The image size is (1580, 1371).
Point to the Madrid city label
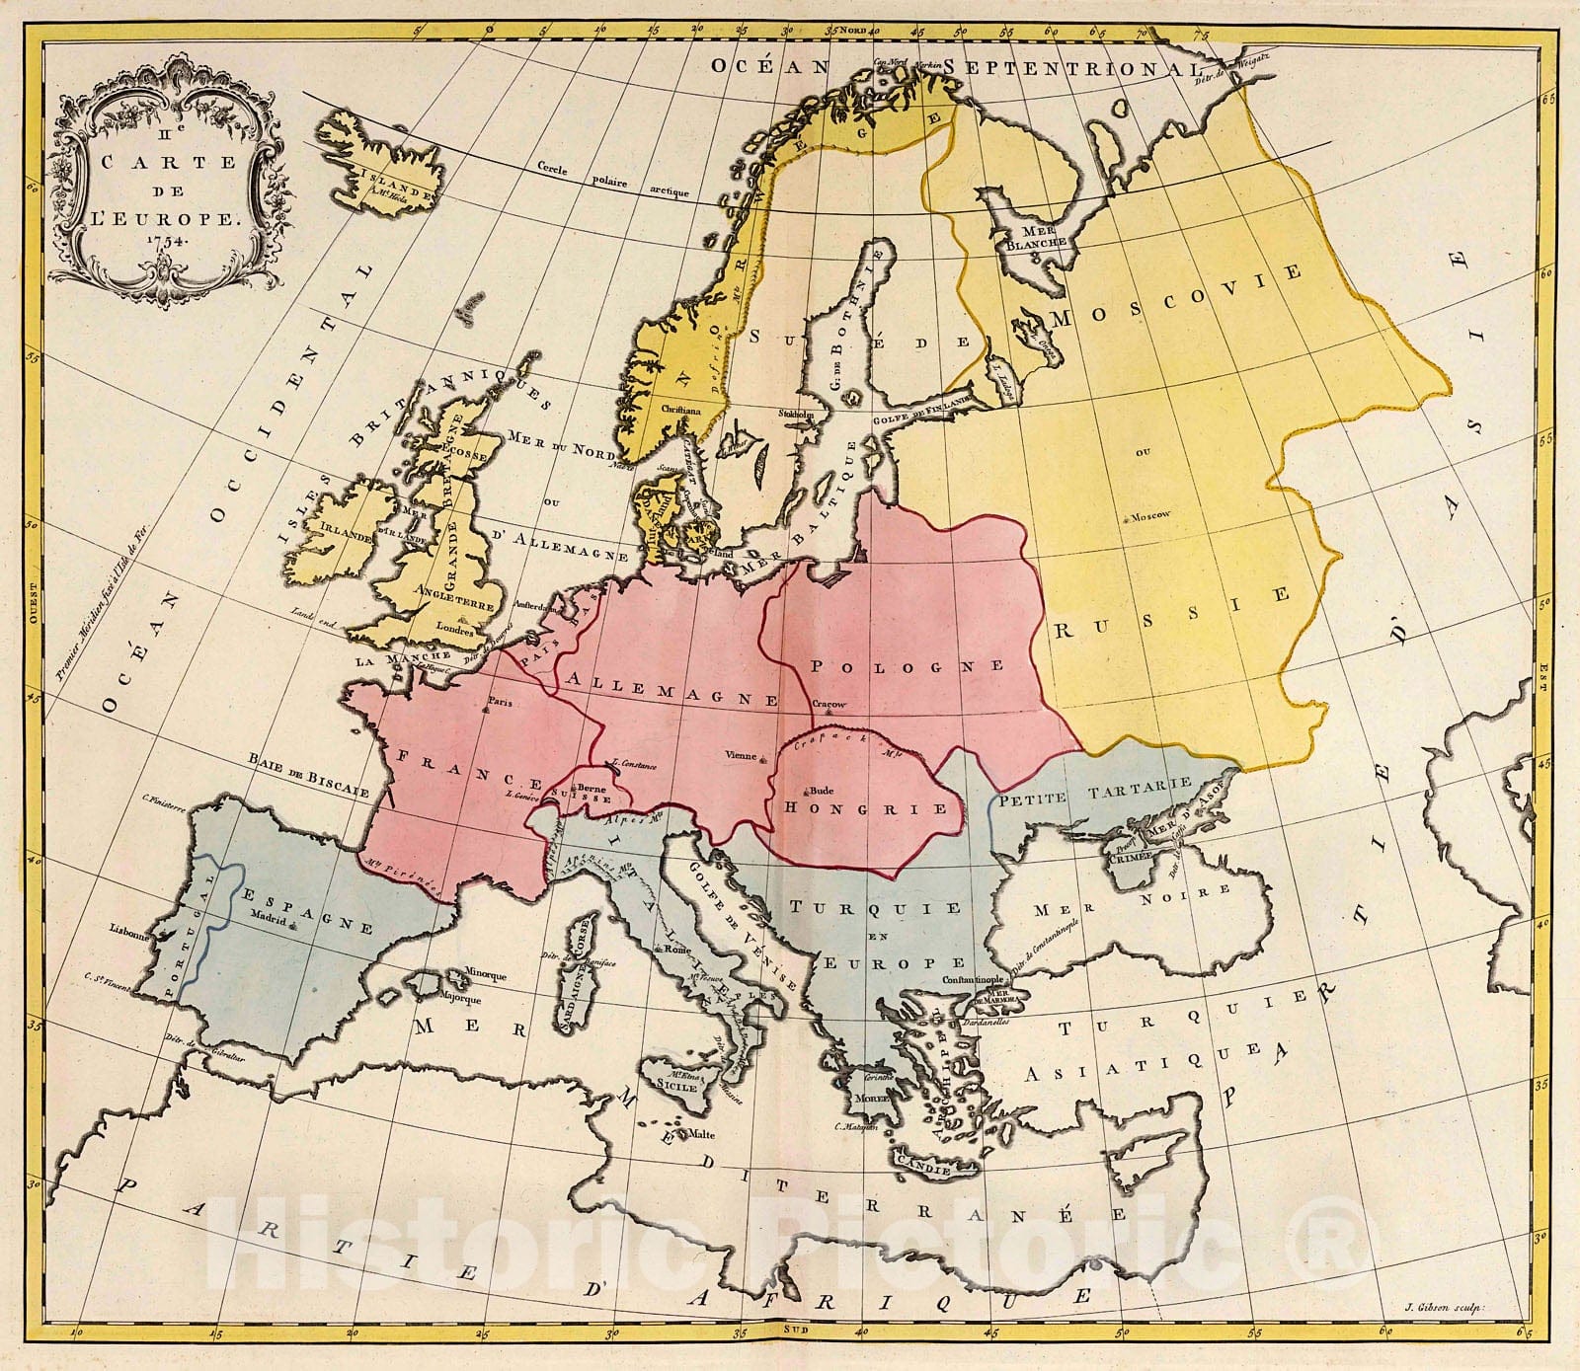click(268, 913)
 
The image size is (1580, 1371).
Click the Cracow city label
click(829, 704)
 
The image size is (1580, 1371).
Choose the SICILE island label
click(677, 1085)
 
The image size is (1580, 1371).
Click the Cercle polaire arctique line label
click(612, 181)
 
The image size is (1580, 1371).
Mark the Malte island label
click(701, 1134)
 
